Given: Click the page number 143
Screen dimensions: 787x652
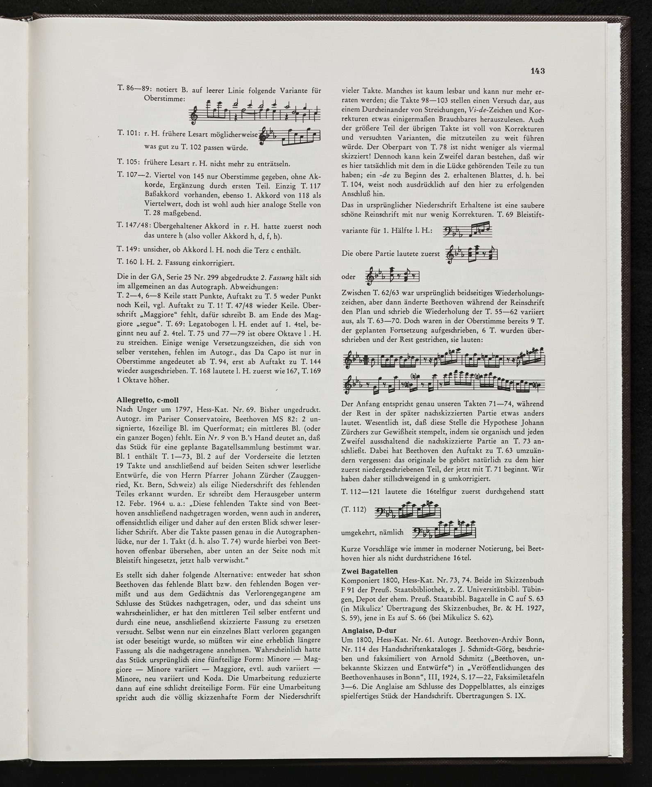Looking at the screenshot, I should coord(538,71).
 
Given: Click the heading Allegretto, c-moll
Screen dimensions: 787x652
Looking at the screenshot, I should coord(148,400).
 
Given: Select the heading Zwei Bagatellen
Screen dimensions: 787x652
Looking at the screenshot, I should coord(370,571).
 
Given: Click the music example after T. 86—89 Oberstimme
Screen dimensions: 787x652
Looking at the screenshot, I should coord(254,111).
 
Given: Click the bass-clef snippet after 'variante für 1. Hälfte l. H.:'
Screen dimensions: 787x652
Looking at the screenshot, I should coord(468,231).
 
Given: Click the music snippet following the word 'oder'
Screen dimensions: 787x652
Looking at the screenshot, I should coord(392,277).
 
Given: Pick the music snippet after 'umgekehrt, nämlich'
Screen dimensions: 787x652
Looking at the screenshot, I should coord(442,532).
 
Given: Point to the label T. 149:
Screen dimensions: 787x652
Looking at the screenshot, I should coord(129,250).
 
